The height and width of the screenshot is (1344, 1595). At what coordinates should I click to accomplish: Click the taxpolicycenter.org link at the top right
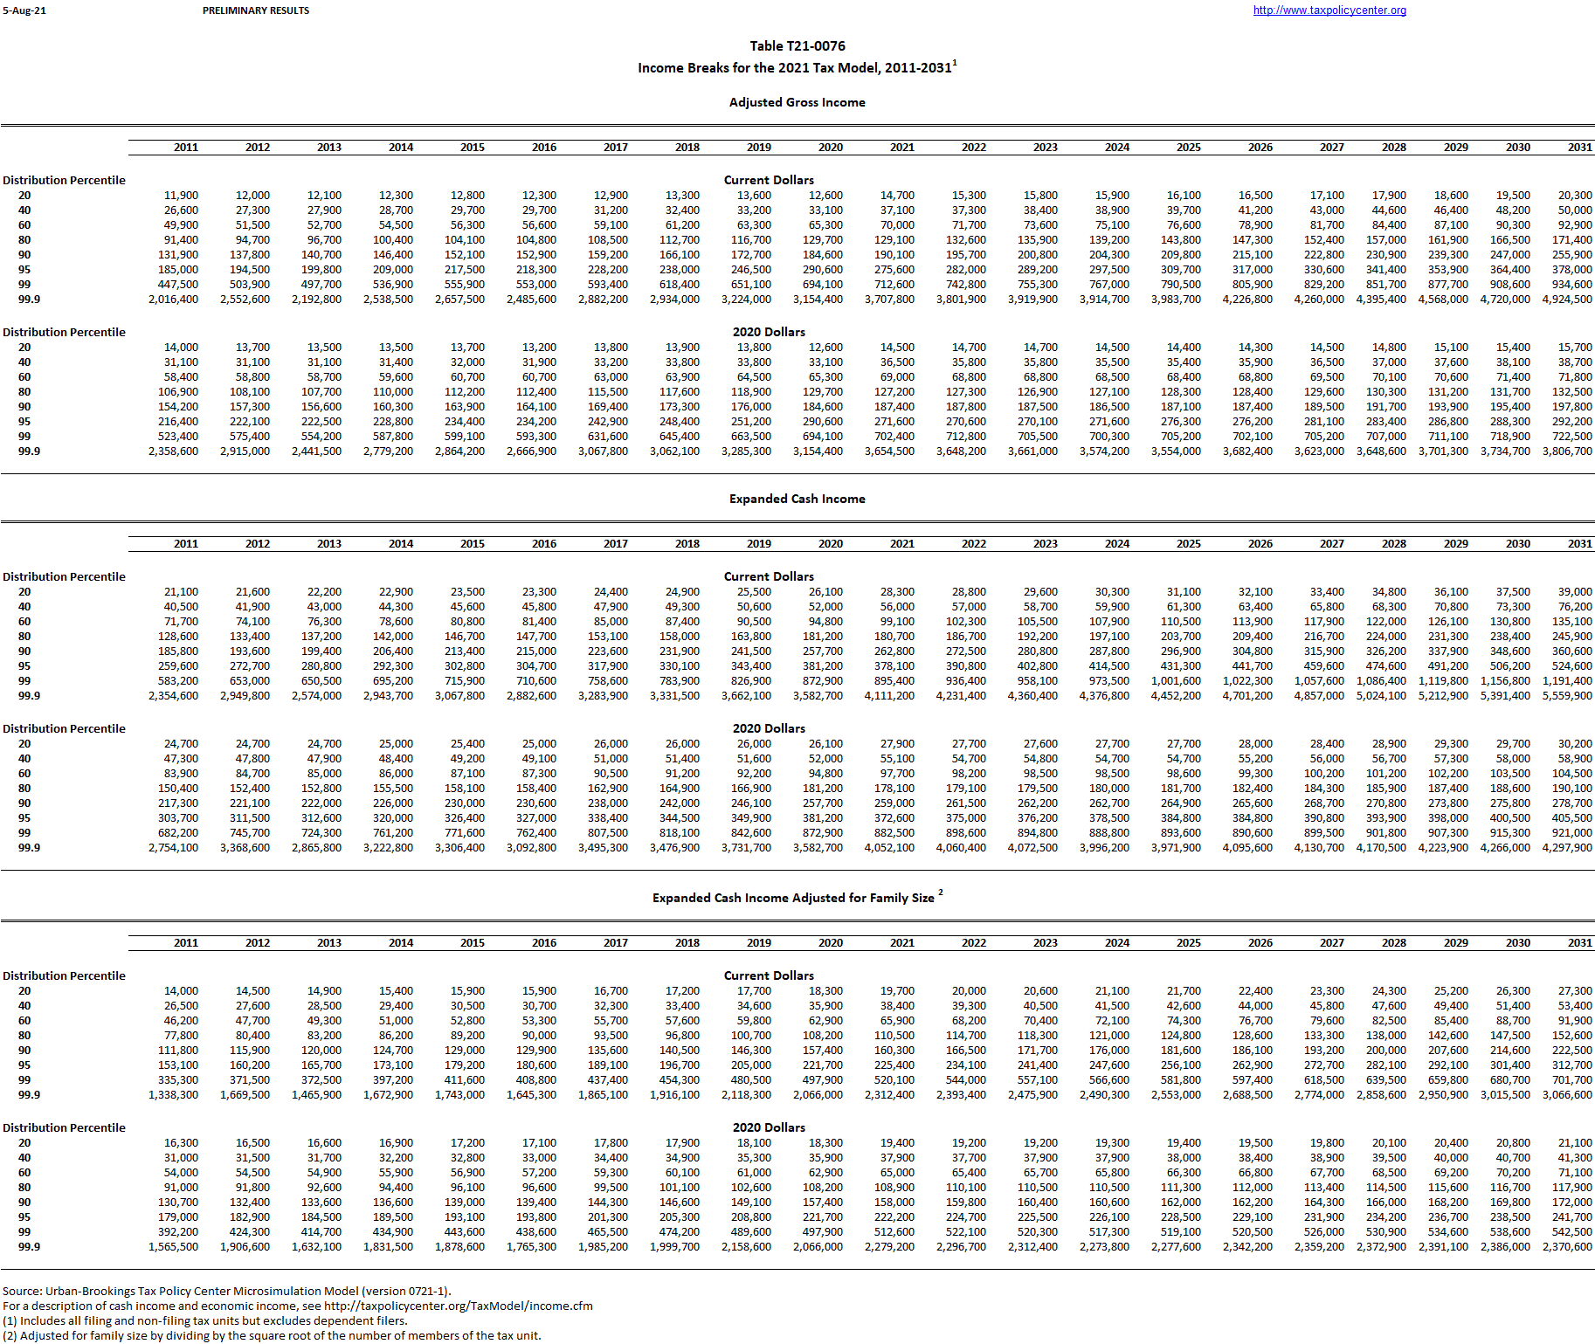pos(1329,10)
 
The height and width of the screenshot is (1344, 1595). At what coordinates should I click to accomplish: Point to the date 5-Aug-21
pos(24,10)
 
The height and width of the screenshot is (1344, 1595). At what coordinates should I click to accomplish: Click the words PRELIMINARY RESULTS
pos(255,10)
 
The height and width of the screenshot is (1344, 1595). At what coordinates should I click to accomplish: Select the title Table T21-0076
pos(797,46)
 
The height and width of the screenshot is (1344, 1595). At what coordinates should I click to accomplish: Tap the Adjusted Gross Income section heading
pos(797,102)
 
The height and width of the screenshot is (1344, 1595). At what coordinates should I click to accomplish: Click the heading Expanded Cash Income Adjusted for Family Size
pos(793,898)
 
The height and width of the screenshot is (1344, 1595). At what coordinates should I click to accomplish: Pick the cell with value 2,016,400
pos(173,300)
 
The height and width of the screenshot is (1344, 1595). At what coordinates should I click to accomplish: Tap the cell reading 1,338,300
pos(173,1095)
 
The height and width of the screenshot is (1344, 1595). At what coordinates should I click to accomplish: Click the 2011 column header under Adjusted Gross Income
pos(185,148)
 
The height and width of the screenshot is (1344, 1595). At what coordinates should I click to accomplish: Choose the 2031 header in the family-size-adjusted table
pos(1579,943)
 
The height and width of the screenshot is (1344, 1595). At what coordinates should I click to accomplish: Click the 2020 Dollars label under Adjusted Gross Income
pos(769,332)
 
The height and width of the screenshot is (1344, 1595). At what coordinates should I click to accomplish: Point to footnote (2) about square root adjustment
pos(272,1335)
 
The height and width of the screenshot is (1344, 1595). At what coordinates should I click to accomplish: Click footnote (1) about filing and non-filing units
pos(204,1320)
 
